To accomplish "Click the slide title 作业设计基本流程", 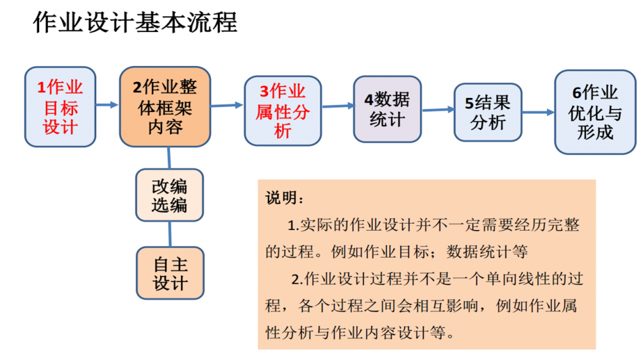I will [x=135, y=23].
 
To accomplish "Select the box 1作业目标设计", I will [x=60, y=106].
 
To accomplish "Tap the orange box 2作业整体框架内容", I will [x=165, y=106].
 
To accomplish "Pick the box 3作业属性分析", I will [x=282, y=111].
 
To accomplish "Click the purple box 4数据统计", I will [x=387, y=109].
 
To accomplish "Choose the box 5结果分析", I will [x=488, y=112].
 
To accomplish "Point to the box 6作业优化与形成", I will [x=595, y=112].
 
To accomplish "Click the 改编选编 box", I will [x=169, y=195].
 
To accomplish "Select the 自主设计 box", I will [x=169, y=274].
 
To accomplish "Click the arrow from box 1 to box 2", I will [x=107, y=104].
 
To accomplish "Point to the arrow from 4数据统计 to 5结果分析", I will [x=437, y=110].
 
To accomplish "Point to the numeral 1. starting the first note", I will [x=294, y=225].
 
